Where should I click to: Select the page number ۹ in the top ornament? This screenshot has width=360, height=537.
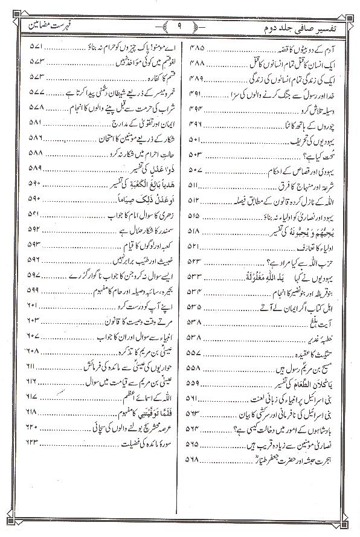pos(180,26)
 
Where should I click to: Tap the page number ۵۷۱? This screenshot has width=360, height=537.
pos(34,47)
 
